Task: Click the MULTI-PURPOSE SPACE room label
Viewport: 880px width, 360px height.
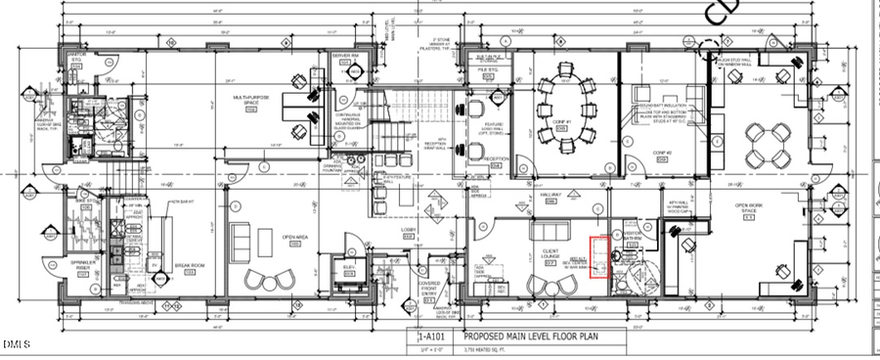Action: (251, 101)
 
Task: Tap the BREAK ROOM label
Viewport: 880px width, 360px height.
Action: (189, 265)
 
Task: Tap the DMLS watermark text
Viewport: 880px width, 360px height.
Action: (16, 344)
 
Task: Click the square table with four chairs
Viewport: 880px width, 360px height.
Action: (766, 144)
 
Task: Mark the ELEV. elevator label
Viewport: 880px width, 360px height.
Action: (349, 267)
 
